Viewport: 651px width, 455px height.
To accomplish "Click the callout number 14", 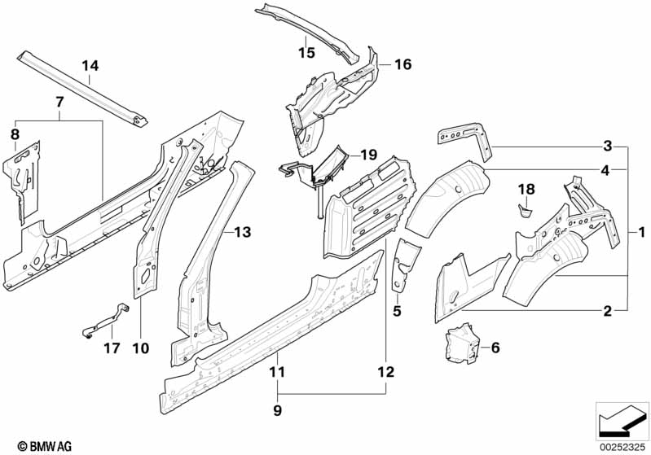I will point(90,65).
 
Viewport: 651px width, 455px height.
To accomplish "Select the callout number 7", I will point(59,102).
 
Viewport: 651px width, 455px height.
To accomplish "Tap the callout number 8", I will point(14,133).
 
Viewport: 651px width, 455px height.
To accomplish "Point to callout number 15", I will point(306,54).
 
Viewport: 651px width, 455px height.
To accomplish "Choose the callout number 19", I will point(369,154).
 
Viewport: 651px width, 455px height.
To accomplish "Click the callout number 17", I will point(112,348).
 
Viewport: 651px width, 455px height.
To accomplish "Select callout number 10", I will point(140,348).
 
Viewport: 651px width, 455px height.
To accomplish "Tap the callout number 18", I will point(526,189).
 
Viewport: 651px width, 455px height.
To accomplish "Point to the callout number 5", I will point(397,310).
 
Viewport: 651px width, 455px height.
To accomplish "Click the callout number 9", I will point(278,412).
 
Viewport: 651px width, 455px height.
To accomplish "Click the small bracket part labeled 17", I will point(104,319).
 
